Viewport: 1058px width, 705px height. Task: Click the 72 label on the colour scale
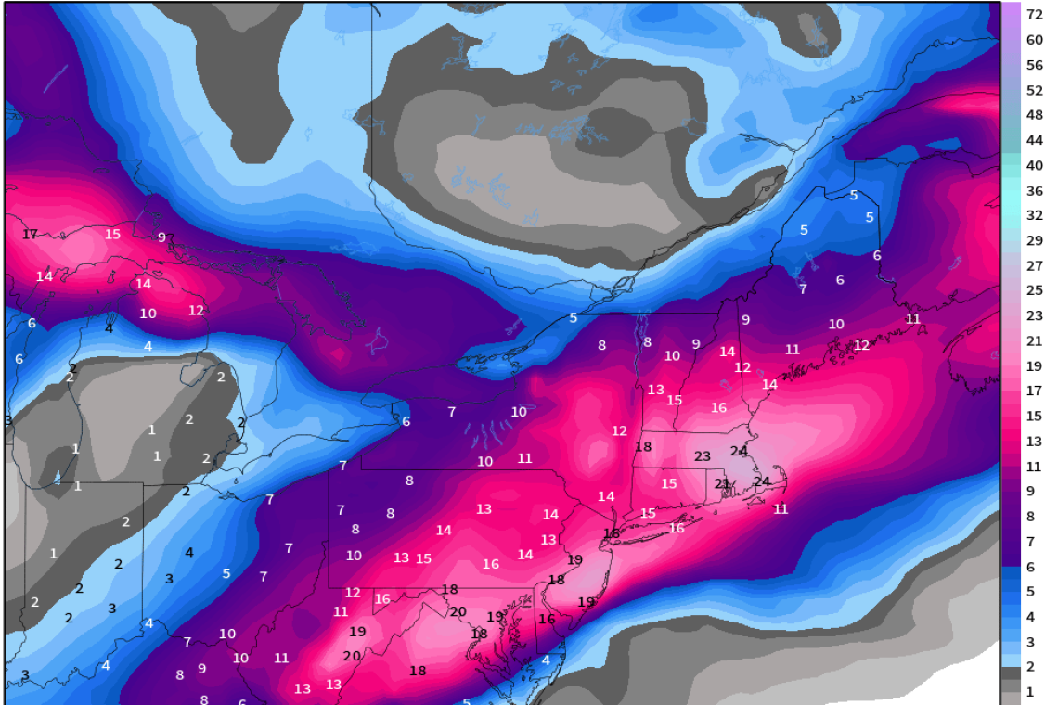pos(1034,15)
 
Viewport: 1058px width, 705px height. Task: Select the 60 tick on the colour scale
pos(1034,40)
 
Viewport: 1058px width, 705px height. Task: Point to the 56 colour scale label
pos(1034,65)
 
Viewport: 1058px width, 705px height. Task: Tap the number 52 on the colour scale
pos(1034,90)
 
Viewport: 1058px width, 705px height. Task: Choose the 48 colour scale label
pos(1034,115)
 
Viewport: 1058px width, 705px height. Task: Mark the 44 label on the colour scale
pos(1034,140)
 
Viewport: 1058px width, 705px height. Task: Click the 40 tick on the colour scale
pos(1034,165)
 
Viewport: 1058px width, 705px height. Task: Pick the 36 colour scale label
pos(1034,190)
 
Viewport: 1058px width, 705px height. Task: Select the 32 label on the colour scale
pos(1034,215)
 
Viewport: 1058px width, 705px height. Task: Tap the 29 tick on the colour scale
pos(1034,240)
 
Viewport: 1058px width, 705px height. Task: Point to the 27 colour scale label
pos(1034,265)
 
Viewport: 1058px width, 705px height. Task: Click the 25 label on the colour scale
pos(1034,290)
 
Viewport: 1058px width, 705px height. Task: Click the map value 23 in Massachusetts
pos(703,456)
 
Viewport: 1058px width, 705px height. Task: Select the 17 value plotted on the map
pos(30,235)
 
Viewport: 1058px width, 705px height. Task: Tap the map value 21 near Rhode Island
pos(722,483)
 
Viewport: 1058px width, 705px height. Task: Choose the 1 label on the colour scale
pos(1030,692)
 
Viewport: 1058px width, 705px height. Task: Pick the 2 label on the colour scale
pos(1030,667)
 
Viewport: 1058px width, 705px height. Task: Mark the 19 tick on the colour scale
pos(1034,365)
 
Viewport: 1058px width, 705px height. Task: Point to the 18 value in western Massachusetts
pos(643,446)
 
